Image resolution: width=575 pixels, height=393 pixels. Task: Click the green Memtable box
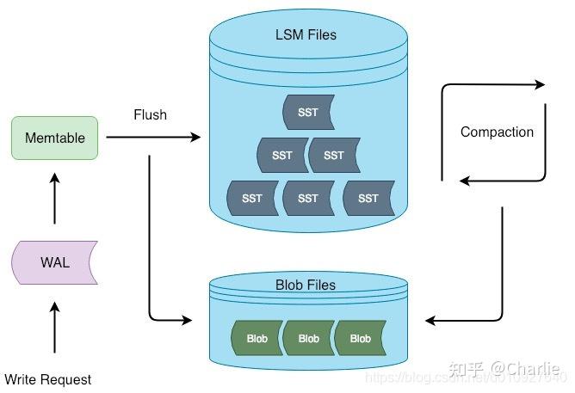point(54,138)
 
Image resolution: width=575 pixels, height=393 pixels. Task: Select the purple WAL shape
point(54,262)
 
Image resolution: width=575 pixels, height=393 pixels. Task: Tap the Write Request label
point(47,379)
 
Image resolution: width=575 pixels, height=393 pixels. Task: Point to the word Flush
point(150,114)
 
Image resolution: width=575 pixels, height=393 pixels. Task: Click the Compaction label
point(497,132)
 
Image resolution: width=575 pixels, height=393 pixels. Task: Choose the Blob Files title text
point(305,285)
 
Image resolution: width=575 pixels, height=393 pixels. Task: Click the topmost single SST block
point(307,113)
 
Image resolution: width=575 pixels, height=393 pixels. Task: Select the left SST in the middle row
point(281,156)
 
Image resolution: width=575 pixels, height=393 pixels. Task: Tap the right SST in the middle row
point(334,156)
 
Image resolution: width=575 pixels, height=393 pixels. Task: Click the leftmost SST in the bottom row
point(251,198)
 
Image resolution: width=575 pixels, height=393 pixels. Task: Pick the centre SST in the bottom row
point(307,198)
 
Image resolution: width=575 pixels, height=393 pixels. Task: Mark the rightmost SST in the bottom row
point(368,198)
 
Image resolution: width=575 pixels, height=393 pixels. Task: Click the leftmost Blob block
point(257,339)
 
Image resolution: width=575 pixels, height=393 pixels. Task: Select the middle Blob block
point(308,339)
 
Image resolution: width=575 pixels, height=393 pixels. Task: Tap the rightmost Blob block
point(360,339)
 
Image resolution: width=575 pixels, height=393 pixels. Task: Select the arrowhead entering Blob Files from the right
point(430,321)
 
